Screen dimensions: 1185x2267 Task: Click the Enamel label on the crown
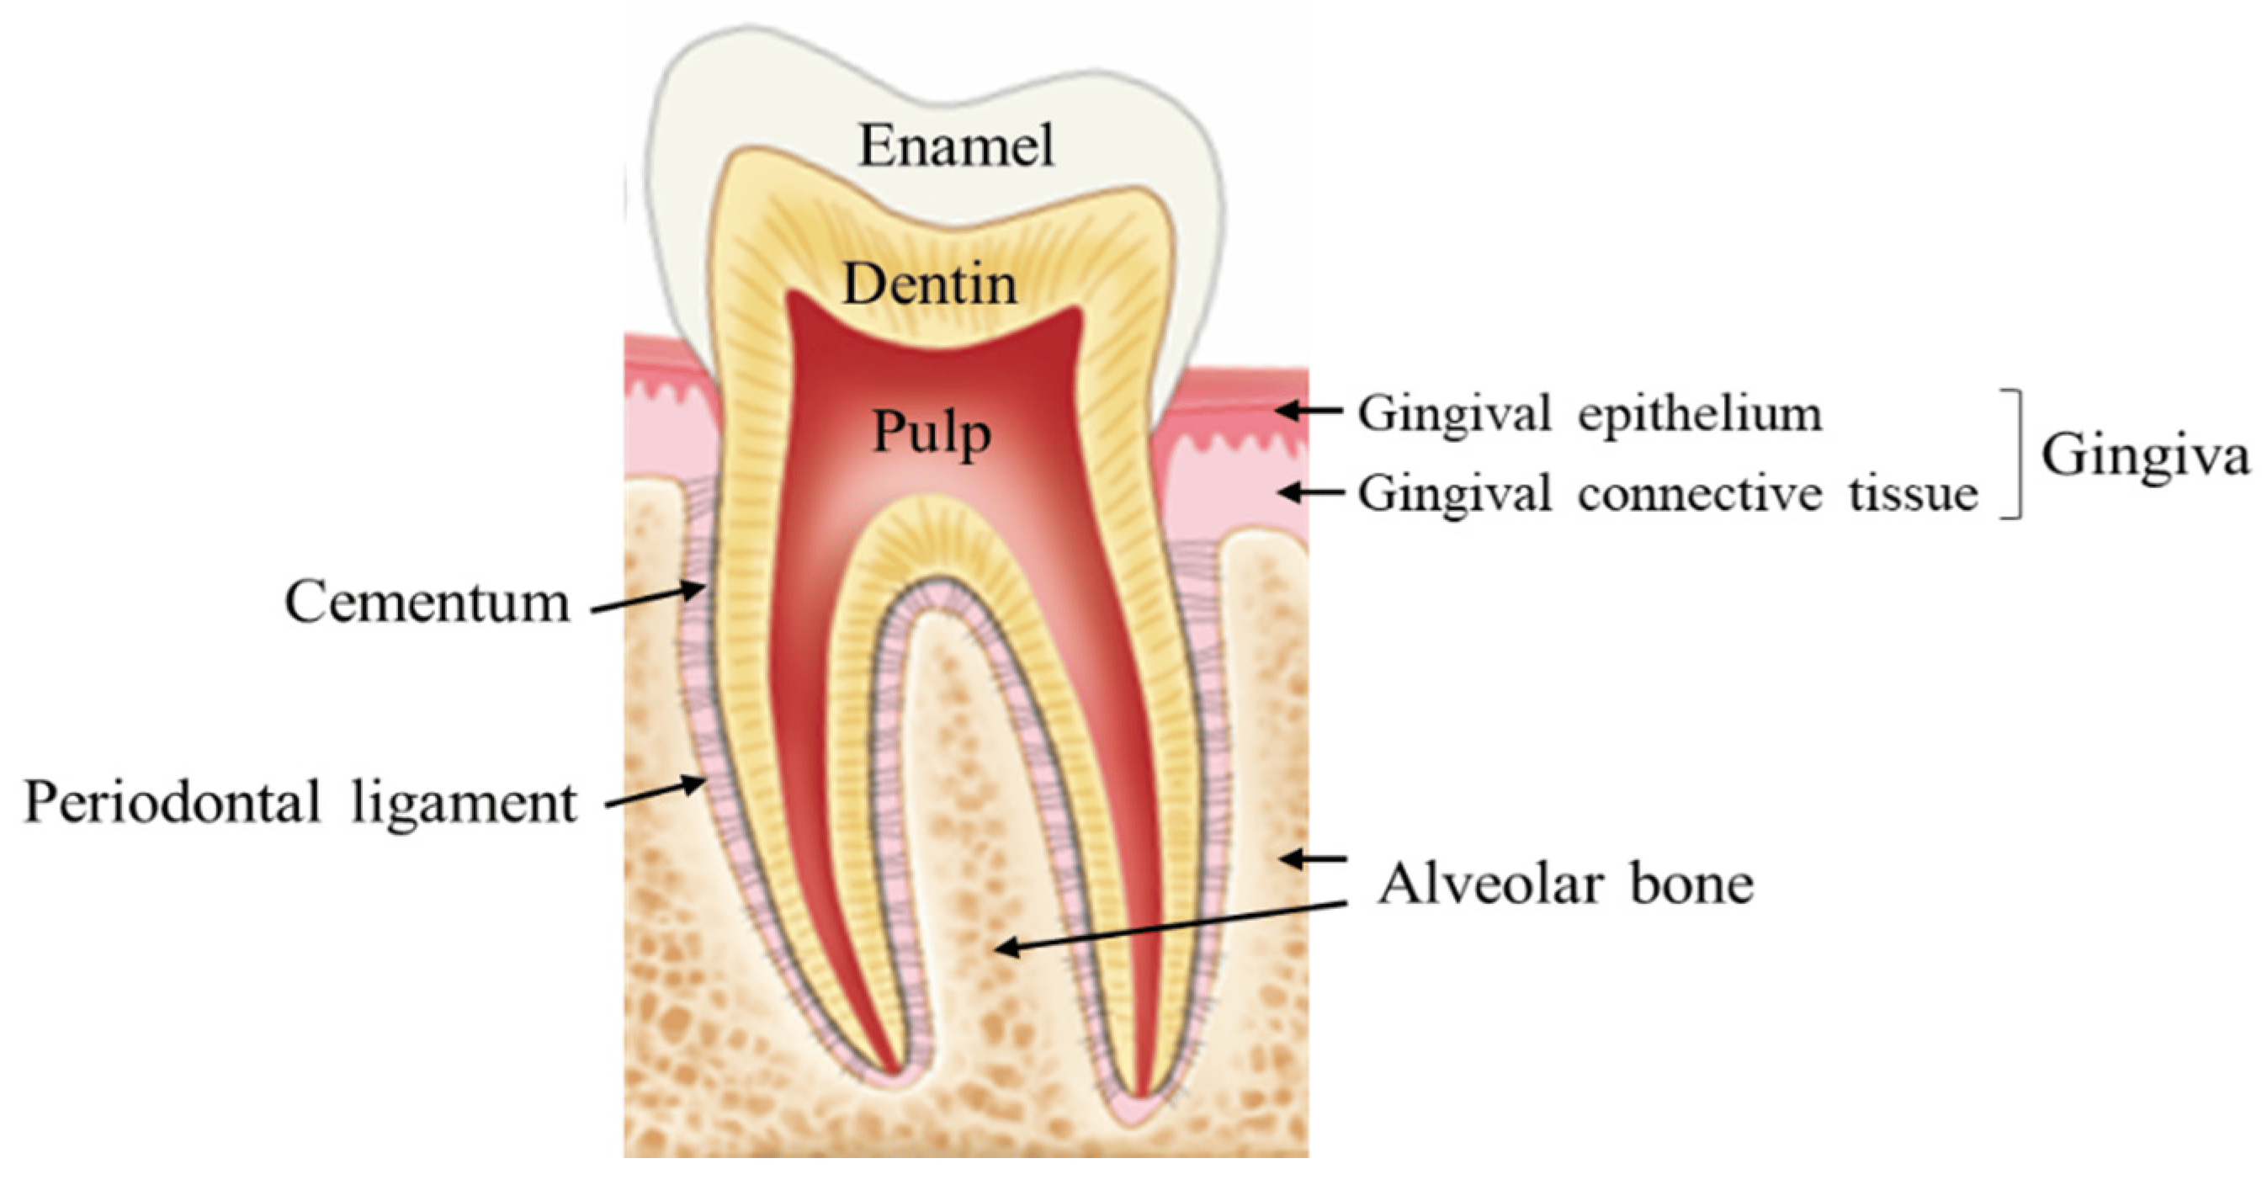[x=956, y=146]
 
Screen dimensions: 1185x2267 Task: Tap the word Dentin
[x=930, y=284]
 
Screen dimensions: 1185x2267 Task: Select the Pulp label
[x=931, y=433]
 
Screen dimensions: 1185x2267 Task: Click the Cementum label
[x=427, y=603]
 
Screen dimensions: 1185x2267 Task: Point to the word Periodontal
[x=173, y=802]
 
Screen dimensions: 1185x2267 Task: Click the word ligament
[x=464, y=804]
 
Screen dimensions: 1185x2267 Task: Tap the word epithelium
[x=1700, y=414]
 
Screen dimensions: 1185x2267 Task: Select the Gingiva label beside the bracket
[x=2144, y=456]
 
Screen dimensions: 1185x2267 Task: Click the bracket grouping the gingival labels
[x=2014, y=454]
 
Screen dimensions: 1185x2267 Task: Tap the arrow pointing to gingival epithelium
[x=1309, y=410]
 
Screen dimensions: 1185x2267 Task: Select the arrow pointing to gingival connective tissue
[x=1310, y=492]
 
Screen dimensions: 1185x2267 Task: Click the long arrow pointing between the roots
[x=1171, y=925]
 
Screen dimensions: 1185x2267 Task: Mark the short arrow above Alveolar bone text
[x=1313, y=858]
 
